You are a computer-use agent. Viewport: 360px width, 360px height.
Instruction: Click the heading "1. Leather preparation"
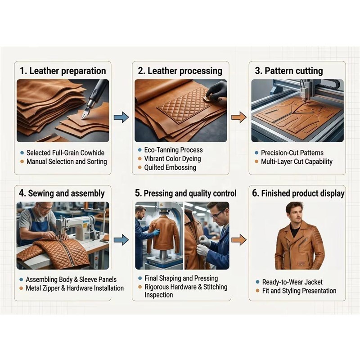click(63, 71)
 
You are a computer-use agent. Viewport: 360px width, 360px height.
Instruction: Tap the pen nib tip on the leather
click(81, 118)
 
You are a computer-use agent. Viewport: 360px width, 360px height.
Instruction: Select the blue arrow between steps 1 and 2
click(121, 117)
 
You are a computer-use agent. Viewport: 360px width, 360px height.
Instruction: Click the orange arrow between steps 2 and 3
click(239, 117)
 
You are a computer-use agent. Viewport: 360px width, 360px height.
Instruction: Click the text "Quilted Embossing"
click(170, 167)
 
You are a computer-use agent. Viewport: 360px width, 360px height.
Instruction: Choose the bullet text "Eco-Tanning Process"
click(173, 150)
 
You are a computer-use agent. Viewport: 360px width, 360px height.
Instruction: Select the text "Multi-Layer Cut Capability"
click(297, 162)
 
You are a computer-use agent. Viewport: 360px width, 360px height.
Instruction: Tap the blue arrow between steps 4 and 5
click(121, 240)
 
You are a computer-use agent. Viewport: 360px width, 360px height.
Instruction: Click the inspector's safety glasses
click(216, 215)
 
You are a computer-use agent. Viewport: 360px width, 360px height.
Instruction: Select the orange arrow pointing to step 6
click(239, 240)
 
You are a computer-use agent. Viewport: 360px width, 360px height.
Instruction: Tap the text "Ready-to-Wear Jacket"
click(292, 282)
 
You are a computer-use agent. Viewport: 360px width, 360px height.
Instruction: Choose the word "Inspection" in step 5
click(159, 295)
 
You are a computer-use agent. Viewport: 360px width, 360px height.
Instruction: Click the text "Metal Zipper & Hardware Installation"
click(75, 288)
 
